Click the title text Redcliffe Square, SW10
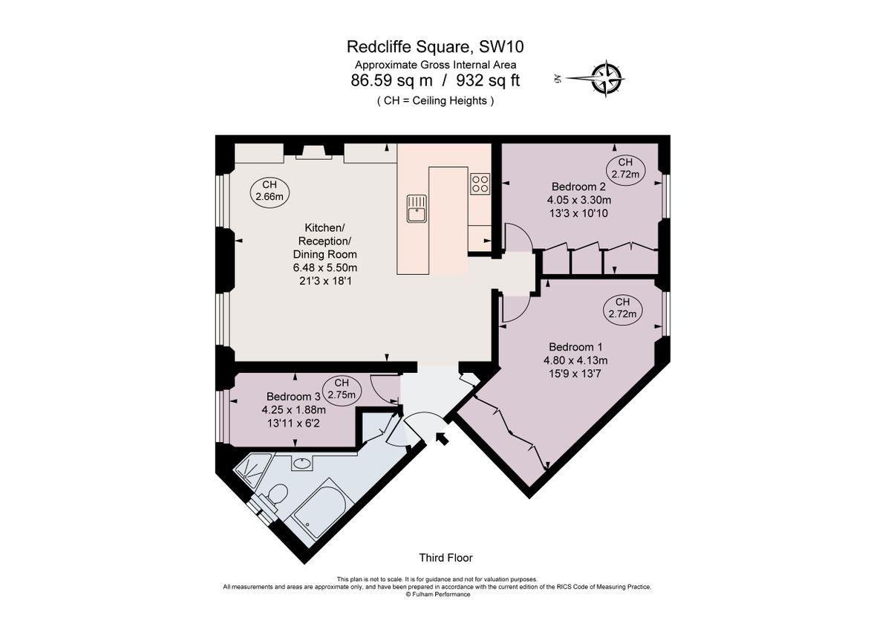click(435, 47)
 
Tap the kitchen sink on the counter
click(416, 207)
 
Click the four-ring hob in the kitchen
click(480, 184)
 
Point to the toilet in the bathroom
click(277, 496)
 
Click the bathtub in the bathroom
click(316, 510)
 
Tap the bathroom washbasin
click(302, 464)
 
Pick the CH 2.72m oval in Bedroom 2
click(625, 169)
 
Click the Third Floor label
click(446, 557)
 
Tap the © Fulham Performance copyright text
click(437, 594)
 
